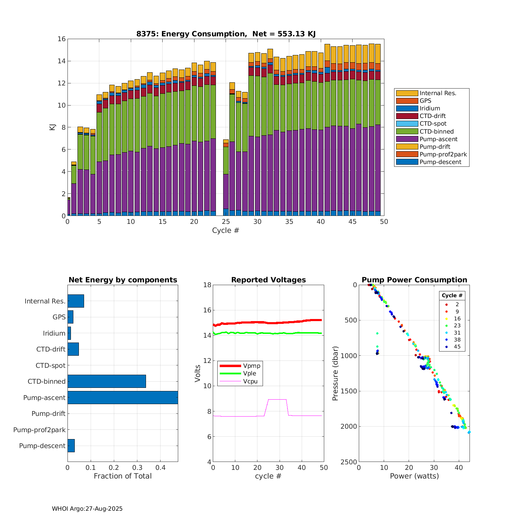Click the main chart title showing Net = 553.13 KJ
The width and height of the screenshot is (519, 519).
pyautogui.click(x=226, y=34)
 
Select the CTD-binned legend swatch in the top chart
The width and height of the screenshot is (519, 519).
pyautogui.click(x=407, y=131)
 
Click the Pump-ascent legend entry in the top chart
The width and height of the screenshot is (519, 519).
pyautogui.click(x=438, y=139)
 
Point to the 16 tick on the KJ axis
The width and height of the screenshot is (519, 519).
pyautogui.click(x=62, y=39)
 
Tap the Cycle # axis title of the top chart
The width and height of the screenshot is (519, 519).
pyautogui.click(x=226, y=230)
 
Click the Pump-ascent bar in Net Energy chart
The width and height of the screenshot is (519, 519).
pyautogui.click(x=122, y=398)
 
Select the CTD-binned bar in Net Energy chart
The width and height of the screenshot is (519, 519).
pyautogui.click(x=107, y=381)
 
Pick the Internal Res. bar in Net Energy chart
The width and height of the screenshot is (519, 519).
pyautogui.click(x=75, y=301)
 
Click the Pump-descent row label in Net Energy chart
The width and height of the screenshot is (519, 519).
pyautogui.click(x=42, y=446)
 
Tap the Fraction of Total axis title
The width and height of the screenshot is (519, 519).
pyautogui.click(x=122, y=476)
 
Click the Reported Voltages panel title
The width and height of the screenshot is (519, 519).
pyautogui.click(x=268, y=280)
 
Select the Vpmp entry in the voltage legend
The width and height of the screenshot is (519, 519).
pyautogui.click(x=252, y=366)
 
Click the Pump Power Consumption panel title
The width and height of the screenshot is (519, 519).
pyautogui.click(x=414, y=280)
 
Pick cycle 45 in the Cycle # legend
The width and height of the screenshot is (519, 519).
pyautogui.click(x=457, y=347)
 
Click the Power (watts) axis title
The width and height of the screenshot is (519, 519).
pyautogui.click(x=414, y=476)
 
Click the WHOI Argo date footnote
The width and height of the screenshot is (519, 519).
pyautogui.click(x=87, y=509)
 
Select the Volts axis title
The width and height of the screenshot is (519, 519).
pyautogui.click(x=198, y=373)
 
